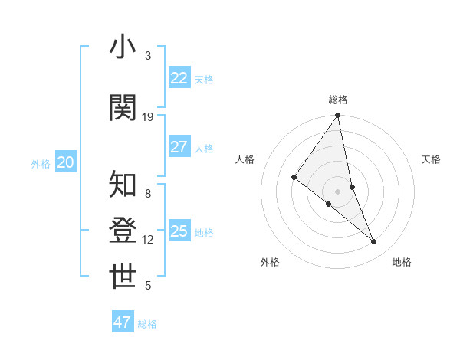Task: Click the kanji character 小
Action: pyautogui.click(x=123, y=48)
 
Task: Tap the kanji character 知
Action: pyautogui.click(x=123, y=184)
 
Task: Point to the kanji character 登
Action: pyautogui.click(x=123, y=230)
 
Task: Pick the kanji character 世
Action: pyautogui.click(x=123, y=275)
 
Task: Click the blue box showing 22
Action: pyautogui.click(x=179, y=78)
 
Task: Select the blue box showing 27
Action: pyautogui.click(x=179, y=147)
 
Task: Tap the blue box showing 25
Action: pyautogui.click(x=179, y=231)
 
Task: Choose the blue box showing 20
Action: pyautogui.click(x=66, y=162)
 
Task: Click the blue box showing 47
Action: pyautogui.click(x=123, y=322)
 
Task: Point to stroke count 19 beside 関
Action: pyautogui.click(x=148, y=116)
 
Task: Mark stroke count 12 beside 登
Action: pyautogui.click(x=148, y=240)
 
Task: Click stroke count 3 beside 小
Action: pyautogui.click(x=148, y=56)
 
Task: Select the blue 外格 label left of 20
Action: pyautogui.click(x=41, y=164)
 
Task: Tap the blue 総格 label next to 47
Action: pyautogui.click(x=147, y=324)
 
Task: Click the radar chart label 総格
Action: pyautogui.click(x=338, y=100)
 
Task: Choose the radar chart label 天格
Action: pyautogui.click(x=431, y=159)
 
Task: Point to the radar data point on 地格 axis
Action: pyautogui.click(x=374, y=242)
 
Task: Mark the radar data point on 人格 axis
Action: pyautogui.click(x=294, y=178)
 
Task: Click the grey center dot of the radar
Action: pyautogui.click(x=337, y=191)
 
